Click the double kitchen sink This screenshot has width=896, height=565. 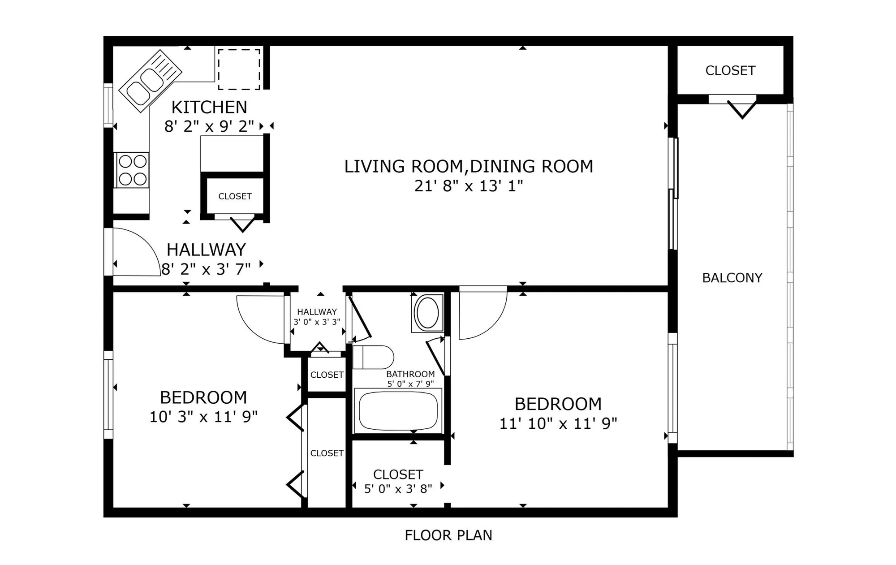(150, 82)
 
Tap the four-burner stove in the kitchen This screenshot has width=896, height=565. (133, 170)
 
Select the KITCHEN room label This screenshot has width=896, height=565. (209, 108)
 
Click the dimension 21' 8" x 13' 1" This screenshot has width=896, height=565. (469, 185)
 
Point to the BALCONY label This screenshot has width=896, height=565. (732, 278)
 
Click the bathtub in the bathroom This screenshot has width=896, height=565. (398, 411)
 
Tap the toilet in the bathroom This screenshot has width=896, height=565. (373, 357)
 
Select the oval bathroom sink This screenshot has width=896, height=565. (427, 312)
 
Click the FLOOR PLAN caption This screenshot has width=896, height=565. (448, 535)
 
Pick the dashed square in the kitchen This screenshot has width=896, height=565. (239, 69)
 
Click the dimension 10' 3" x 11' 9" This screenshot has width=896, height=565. (203, 417)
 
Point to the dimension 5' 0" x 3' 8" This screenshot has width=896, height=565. (398, 489)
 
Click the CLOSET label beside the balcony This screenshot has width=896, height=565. (730, 70)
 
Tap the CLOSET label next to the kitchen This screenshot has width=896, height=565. (235, 196)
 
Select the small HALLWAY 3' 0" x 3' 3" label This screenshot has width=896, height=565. (317, 316)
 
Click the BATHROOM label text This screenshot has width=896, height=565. (410, 374)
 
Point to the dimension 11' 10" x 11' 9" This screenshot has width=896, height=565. (558, 423)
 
